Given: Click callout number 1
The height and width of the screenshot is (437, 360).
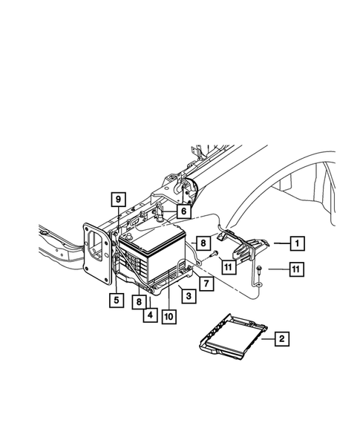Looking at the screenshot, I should pos(296,243).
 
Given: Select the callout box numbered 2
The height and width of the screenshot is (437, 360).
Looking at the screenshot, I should pos(281,340).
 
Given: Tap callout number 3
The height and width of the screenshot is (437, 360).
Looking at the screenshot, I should pos(189,296).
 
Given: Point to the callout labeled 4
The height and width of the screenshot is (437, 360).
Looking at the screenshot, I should pos(150,315).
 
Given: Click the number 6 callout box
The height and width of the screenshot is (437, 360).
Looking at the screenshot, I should pos(182,211).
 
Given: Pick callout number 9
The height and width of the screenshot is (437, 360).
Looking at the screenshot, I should pos(118,199).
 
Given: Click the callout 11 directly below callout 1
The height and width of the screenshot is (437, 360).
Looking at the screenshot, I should pos(295,269).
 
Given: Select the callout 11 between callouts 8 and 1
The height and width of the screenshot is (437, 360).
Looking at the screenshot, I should pos(229,266).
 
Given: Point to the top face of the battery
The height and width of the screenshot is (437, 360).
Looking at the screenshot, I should pos(152,239).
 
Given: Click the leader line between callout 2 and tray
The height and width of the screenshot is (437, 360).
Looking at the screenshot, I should pos(268,340).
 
